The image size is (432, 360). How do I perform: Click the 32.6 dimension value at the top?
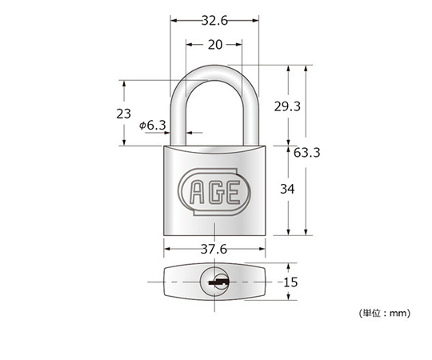pos(214,21)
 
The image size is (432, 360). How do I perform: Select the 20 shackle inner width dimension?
pos(215,45)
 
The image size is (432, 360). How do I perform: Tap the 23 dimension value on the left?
pos(123,114)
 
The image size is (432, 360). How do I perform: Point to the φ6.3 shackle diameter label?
pos(153,126)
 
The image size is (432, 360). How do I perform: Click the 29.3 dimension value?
pos(287,106)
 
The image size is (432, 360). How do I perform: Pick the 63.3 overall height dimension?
pos(306,153)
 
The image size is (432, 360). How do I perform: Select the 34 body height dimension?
pos(287,190)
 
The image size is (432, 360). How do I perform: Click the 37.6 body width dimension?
pos(214,250)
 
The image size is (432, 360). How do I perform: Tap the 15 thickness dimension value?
pos(290,282)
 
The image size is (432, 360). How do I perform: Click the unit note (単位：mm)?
pos(385,313)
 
